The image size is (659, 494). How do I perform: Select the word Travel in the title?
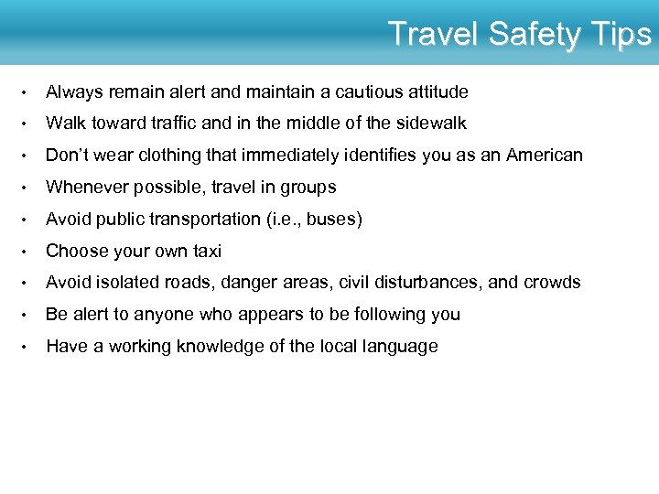434,35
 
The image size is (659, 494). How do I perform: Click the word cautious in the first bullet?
362,91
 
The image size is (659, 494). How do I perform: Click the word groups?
306,188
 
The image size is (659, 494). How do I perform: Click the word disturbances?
427,283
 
